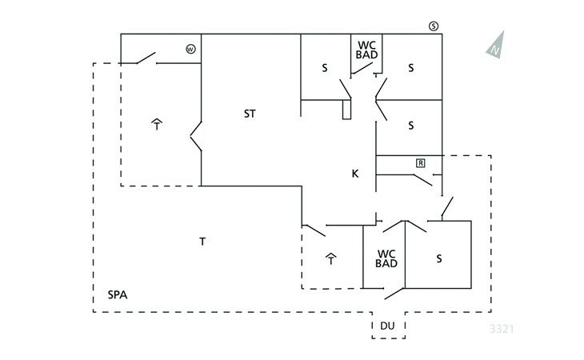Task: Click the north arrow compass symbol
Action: click(x=496, y=46)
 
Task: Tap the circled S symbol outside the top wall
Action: click(x=434, y=26)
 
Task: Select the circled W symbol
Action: click(x=190, y=49)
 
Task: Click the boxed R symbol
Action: click(x=421, y=163)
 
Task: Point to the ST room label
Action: click(x=250, y=114)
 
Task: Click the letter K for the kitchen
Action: click(x=355, y=174)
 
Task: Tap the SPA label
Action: click(x=118, y=295)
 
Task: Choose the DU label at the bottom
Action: click(x=387, y=326)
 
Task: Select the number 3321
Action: click(x=502, y=329)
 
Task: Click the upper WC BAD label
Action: click(x=367, y=50)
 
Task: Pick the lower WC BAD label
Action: click(x=386, y=258)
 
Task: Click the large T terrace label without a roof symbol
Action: click(x=202, y=242)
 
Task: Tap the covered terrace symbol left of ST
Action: click(x=157, y=124)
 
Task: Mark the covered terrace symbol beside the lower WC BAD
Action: click(x=331, y=258)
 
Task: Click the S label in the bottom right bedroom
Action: click(x=439, y=258)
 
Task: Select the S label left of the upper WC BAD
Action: click(x=325, y=68)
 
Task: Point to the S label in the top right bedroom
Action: click(x=411, y=68)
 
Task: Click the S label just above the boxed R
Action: click(x=411, y=126)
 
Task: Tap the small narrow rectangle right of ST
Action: click(x=346, y=110)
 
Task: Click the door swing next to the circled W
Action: click(x=146, y=58)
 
